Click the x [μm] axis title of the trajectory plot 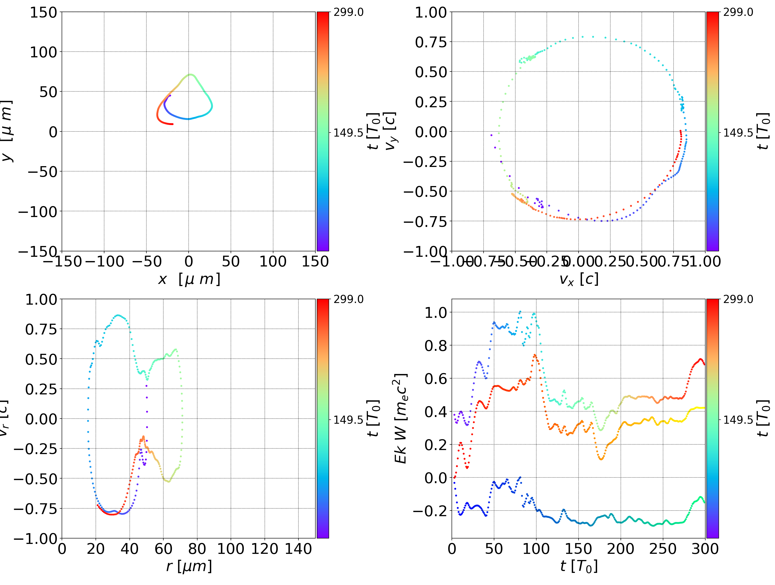click(x=189, y=279)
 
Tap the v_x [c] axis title click(x=579, y=279)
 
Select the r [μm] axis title click(x=189, y=566)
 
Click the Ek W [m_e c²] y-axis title click(x=401, y=418)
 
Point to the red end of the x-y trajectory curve click(x=172, y=124)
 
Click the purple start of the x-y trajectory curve click(x=170, y=95)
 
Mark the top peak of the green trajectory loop click(x=190, y=74)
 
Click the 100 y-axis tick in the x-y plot click(x=43, y=52)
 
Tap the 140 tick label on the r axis click(x=298, y=549)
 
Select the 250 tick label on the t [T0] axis click(x=663, y=549)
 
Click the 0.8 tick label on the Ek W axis click(x=436, y=345)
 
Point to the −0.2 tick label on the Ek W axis click(x=430, y=511)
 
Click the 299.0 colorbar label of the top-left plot click(x=348, y=13)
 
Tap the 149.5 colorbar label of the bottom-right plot click(x=738, y=419)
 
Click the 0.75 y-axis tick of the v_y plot click(x=431, y=42)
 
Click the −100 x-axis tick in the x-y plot click(x=104, y=262)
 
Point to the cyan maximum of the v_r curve click(x=118, y=315)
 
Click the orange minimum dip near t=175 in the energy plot click(x=601, y=459)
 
